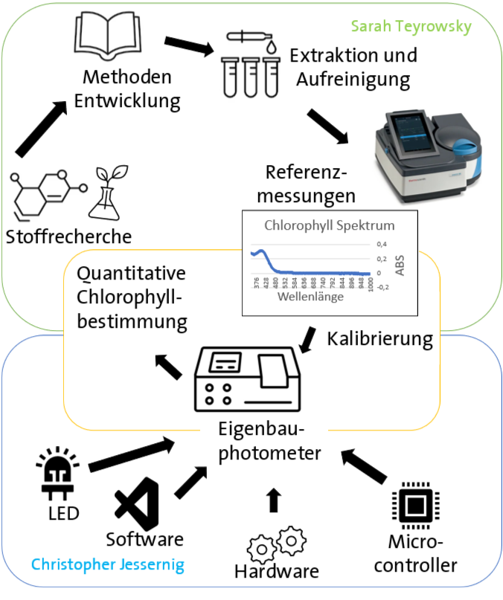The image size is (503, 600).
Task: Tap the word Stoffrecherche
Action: coord(68,237)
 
